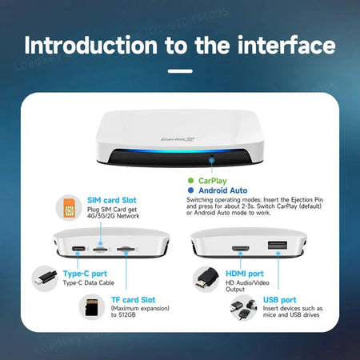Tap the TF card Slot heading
point(134,300)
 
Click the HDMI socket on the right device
point(238,248)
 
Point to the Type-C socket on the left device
point(78,249)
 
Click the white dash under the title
point(180,70)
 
